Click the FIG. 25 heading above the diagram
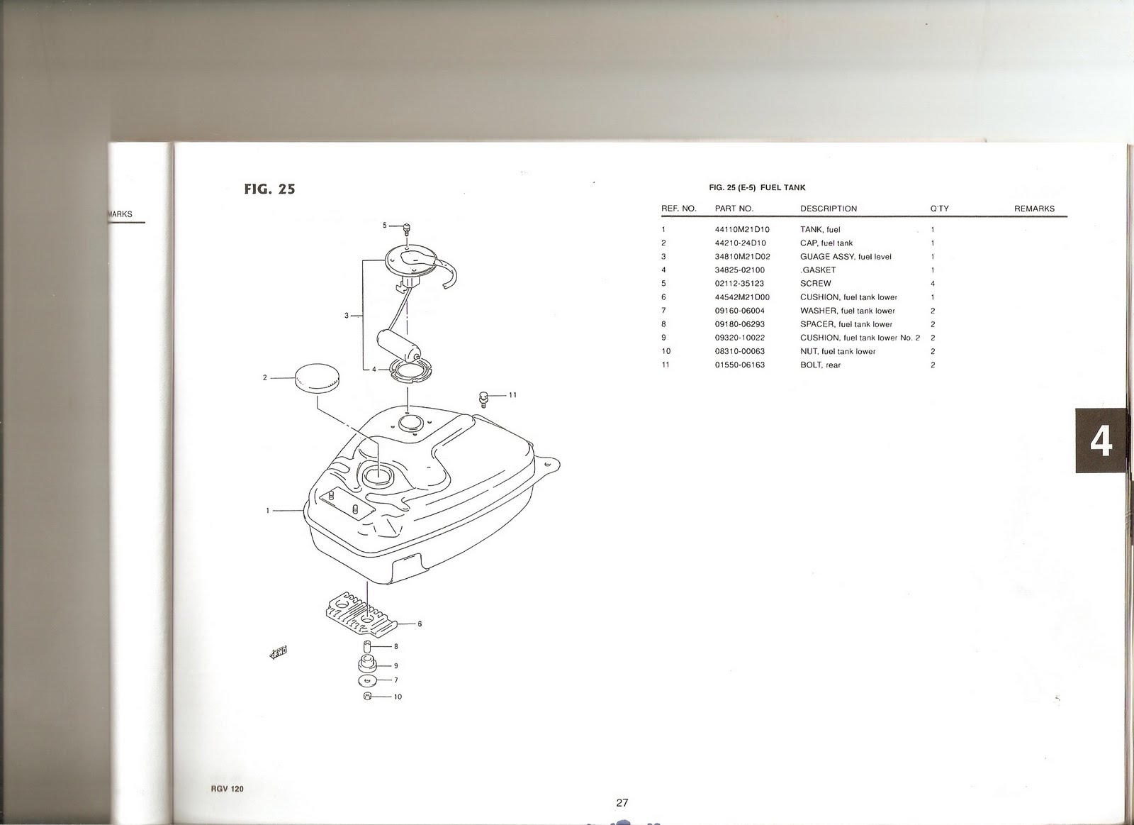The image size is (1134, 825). (x=269, y=189)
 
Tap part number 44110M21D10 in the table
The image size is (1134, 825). (x=741, y=230)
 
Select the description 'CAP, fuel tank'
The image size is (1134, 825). (x=826, y=243)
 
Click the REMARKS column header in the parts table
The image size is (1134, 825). (x=1034, y=209)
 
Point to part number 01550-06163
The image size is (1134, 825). (x=740, y=365)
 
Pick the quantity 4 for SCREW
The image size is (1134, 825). (x=933, y=284)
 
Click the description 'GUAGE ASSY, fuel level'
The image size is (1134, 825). (x=846, y=257)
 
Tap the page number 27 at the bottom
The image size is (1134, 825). (x=622, y=802)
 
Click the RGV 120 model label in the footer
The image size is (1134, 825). (x=227, y=789)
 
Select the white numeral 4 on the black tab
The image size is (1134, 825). (x=1101, y=441)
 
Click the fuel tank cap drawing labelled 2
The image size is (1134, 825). (x=317, y=378)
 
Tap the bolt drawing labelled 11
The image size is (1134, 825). (x=483, y=399)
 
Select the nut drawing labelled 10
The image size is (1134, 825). (x=368, y=696)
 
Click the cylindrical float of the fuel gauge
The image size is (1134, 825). (x=398, y=345)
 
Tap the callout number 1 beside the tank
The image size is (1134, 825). (x=268, y=510)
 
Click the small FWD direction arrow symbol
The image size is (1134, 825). (x=279, y=653)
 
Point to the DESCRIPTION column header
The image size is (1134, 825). (x=829, y=209)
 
